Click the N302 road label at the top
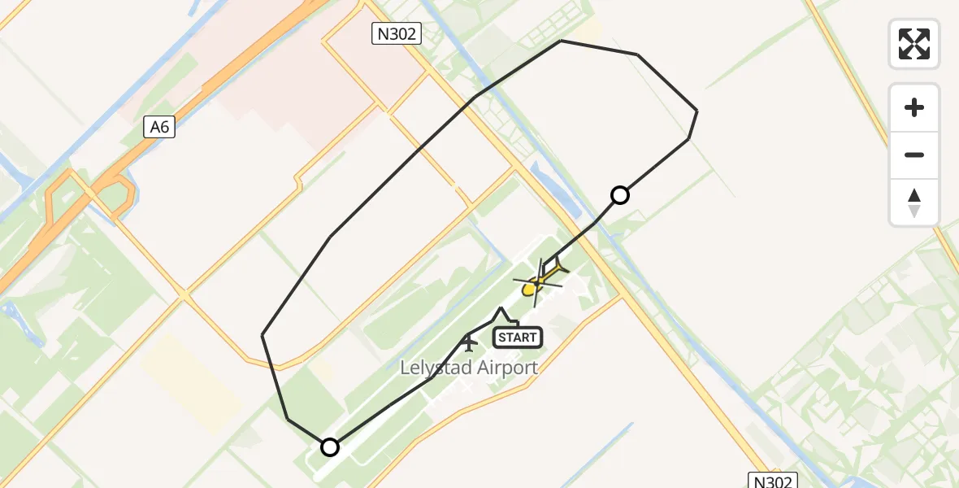397,33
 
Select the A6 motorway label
160,127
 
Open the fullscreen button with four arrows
914,44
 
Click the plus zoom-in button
914,107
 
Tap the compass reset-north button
914,203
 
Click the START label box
517,337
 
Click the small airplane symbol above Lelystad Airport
469,342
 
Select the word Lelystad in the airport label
437,368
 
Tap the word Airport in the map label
507,368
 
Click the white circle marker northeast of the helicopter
620,195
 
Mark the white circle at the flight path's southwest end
330,447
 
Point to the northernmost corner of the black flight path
561,41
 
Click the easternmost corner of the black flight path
697,111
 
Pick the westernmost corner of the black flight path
263,334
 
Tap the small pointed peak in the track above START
501,308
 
